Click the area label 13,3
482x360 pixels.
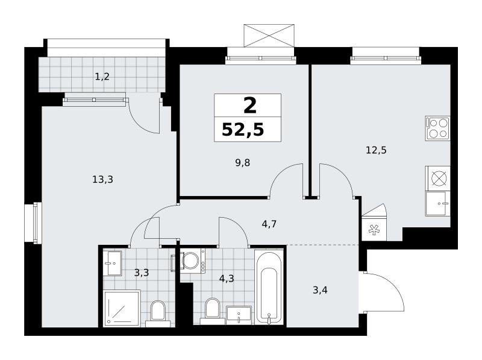point(102,179)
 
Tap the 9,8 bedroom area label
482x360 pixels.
point(243,162)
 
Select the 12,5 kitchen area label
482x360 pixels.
point(376,150)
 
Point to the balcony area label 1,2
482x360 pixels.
point(102,77)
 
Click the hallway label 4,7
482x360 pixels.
point(269,224)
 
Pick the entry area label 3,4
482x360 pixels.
point(320,290)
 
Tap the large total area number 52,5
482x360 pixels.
point(243,130)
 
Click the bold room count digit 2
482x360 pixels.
point(249,106)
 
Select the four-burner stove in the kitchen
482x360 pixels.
point(438,128)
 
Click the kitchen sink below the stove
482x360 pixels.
point(438,203)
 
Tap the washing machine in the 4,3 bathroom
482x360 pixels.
point(193,261)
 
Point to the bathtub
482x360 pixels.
point(268,287)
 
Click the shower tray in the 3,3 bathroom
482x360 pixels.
point(122,308)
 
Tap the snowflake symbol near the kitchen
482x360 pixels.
point(374,230)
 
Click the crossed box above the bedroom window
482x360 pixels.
point(269,36)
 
